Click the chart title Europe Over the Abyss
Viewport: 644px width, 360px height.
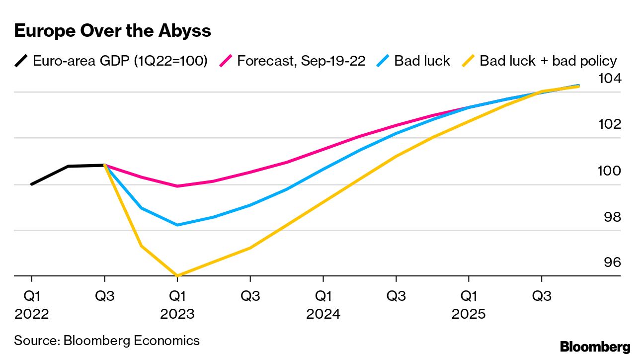(113, 31)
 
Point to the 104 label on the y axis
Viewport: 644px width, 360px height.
(610, 78)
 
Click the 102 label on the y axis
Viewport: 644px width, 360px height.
(610, 124)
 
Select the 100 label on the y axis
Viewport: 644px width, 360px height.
(610, 171)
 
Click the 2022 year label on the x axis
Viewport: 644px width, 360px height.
(32, 315)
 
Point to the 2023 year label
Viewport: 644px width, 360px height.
(177, 315)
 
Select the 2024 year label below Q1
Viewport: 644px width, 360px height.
(323, 315)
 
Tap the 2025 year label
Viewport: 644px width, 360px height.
(469, 315)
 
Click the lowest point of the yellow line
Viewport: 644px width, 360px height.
(177, 275)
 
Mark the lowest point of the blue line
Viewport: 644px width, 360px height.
(177, 225)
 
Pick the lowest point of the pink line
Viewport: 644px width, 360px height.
(177, 186)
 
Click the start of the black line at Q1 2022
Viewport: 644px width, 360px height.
(32, 184)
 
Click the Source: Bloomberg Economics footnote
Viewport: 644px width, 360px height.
(107, 341)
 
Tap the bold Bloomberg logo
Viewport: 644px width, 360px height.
(595, 347)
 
